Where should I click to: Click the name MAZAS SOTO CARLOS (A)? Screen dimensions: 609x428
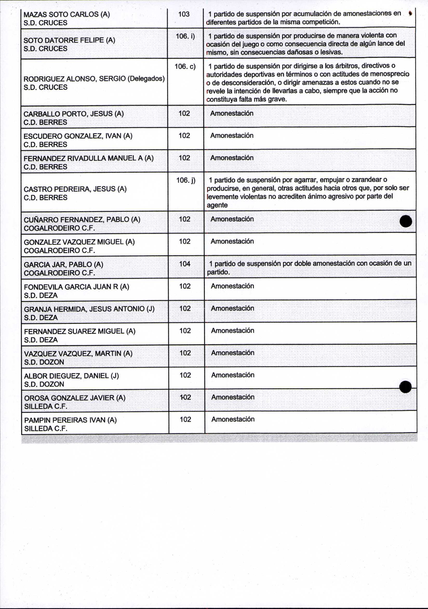point(66,14)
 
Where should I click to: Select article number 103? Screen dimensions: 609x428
point(184,14)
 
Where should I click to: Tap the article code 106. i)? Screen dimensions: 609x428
point(185,36)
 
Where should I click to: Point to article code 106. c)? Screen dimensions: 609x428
point(185,66)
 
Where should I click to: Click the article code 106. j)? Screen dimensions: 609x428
point(186,180)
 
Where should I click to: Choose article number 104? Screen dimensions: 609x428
point(185,264)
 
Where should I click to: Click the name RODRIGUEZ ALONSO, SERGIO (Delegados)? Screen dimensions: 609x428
point(94,79)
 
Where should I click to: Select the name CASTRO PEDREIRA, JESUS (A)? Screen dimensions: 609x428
point(75,189)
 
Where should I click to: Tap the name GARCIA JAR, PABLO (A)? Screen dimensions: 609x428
point(63,265)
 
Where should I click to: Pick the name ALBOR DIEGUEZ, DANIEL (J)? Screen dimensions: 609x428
point(71,376)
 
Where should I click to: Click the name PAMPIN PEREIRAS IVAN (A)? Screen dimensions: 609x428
point(70,420)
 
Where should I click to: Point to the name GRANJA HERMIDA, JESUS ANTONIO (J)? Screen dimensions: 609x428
point(89,309)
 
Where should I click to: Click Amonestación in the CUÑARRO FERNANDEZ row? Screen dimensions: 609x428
point(232,219)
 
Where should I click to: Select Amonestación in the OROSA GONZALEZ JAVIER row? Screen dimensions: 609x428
point(233,397)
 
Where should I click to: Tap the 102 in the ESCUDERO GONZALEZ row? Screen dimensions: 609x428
point(184,136)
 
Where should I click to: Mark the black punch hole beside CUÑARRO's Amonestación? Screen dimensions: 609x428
point(406,221)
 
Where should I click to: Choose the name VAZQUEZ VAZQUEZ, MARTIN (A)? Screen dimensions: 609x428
point(78,354)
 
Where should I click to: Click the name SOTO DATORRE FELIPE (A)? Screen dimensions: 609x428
point(69,40)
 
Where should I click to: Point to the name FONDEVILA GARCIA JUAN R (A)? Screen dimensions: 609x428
point(76,287)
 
